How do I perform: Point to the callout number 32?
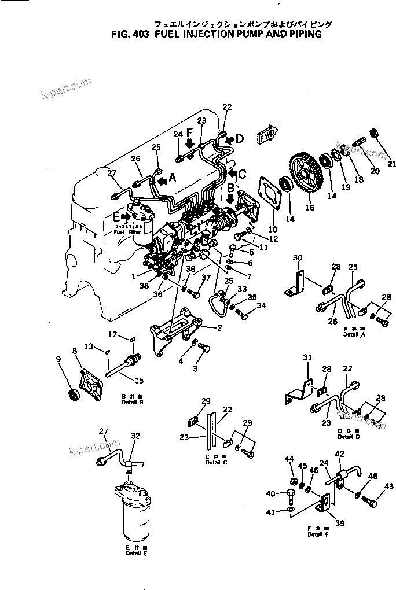tap(135, 436)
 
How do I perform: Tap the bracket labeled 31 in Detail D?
tap(299, 397)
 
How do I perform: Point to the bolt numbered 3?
tap(204, 347)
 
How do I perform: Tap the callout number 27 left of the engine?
tap(112, 173)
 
